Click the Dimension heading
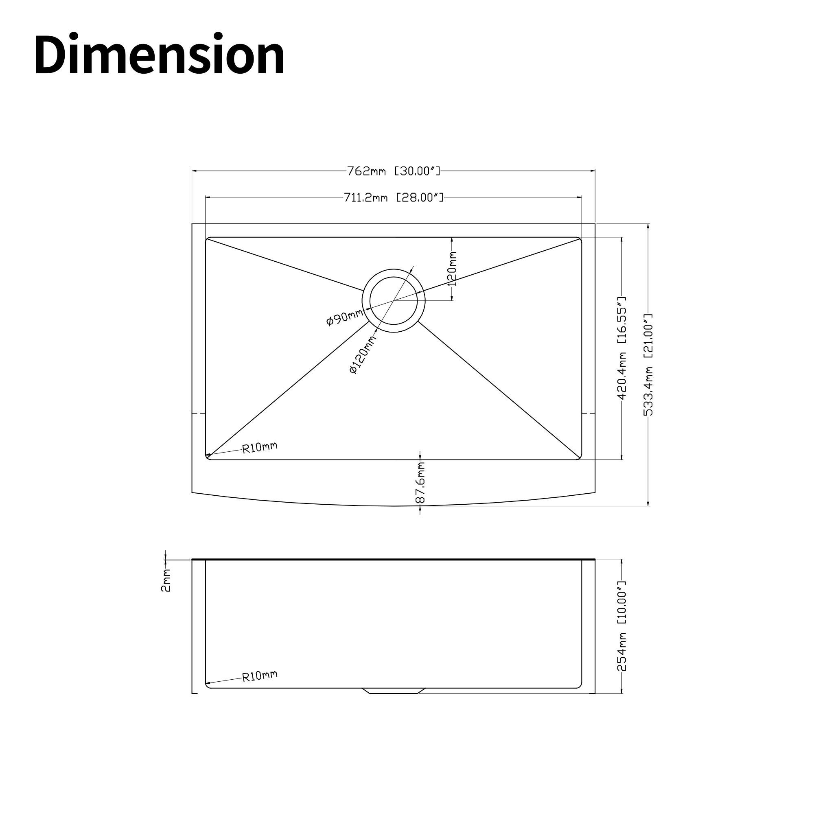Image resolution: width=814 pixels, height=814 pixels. point(159,55)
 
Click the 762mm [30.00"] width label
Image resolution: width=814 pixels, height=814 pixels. point(394,171)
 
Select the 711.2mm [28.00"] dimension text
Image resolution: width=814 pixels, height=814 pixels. point(394,197)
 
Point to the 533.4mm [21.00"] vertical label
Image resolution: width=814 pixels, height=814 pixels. point(648,364)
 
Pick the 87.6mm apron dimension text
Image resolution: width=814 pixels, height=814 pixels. point(420,483)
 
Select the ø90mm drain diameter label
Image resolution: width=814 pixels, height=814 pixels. point(345,317)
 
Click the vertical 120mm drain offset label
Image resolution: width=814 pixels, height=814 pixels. point(452,268)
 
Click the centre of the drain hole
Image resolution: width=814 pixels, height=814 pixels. point(394,300)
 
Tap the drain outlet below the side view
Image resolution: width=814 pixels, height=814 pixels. point(394,691)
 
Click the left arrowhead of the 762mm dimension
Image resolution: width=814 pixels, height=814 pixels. point(194,171)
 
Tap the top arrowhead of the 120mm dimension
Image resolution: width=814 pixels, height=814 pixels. point(452,239)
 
